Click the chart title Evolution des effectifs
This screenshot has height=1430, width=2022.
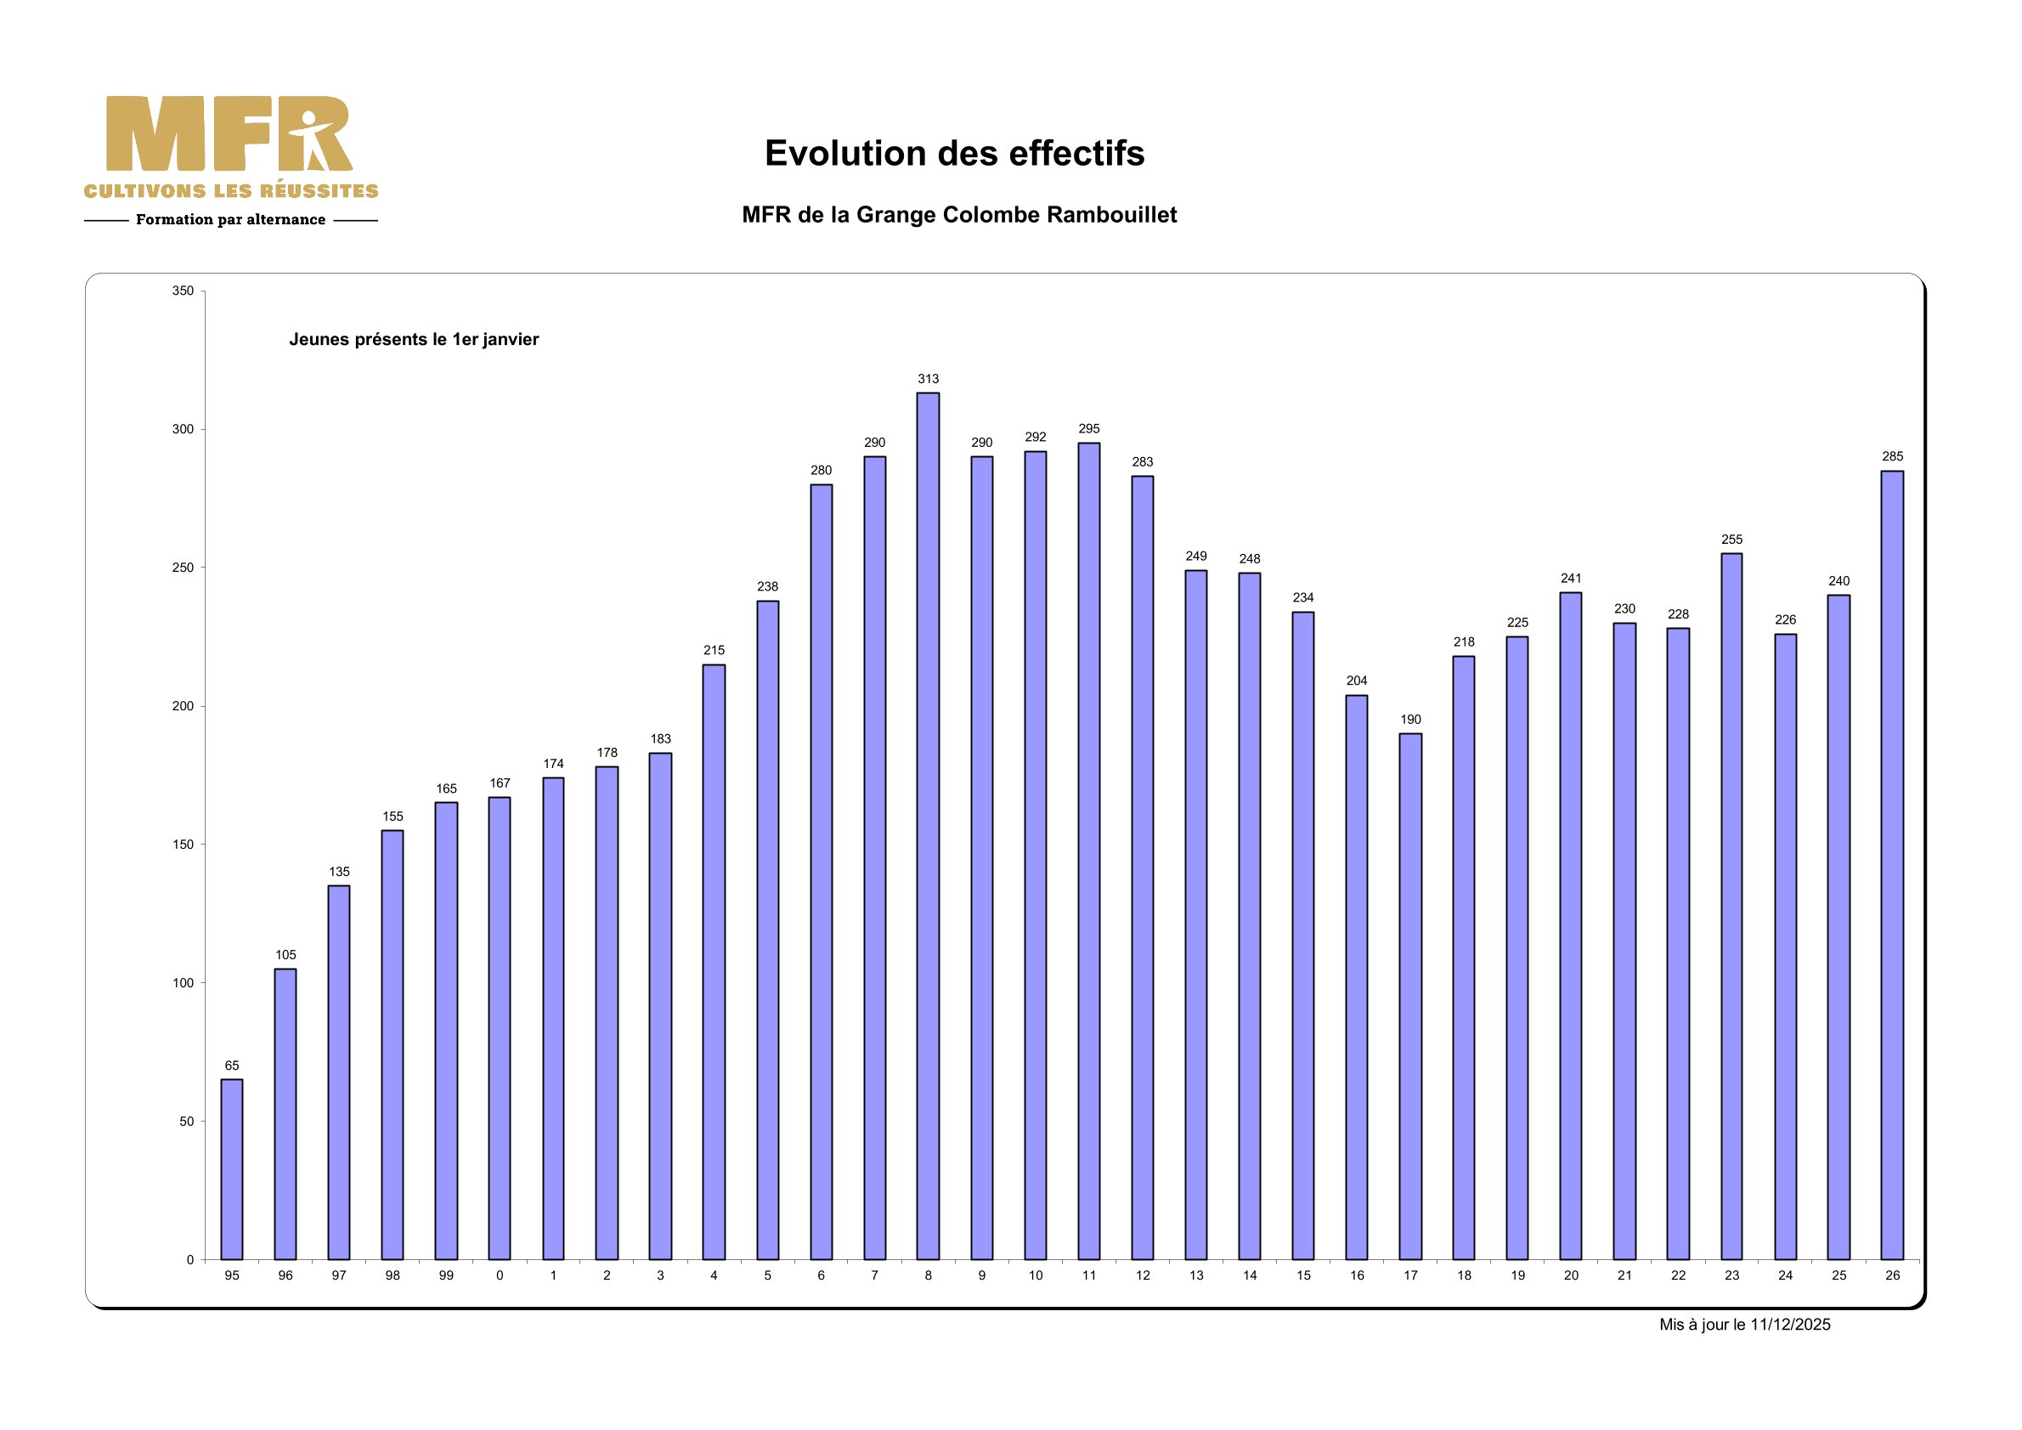954,153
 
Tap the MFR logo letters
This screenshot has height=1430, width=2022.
229,134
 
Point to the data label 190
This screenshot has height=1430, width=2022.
1410,720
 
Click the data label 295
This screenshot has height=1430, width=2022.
1088,429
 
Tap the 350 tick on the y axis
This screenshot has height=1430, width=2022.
184,291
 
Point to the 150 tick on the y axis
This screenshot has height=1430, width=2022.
184,845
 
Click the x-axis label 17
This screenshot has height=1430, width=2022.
1410,1275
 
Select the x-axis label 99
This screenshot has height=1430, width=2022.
446,1275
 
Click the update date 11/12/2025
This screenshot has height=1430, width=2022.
1789,1325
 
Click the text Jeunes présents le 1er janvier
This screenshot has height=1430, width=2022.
414,340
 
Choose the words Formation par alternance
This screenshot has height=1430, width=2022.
231,219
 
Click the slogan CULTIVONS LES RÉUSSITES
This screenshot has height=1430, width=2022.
231,191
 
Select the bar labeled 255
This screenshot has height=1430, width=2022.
1731,906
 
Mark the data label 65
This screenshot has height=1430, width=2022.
232,1065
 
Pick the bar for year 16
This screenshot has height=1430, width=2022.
1356,976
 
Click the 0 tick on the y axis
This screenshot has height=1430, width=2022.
190,1260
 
